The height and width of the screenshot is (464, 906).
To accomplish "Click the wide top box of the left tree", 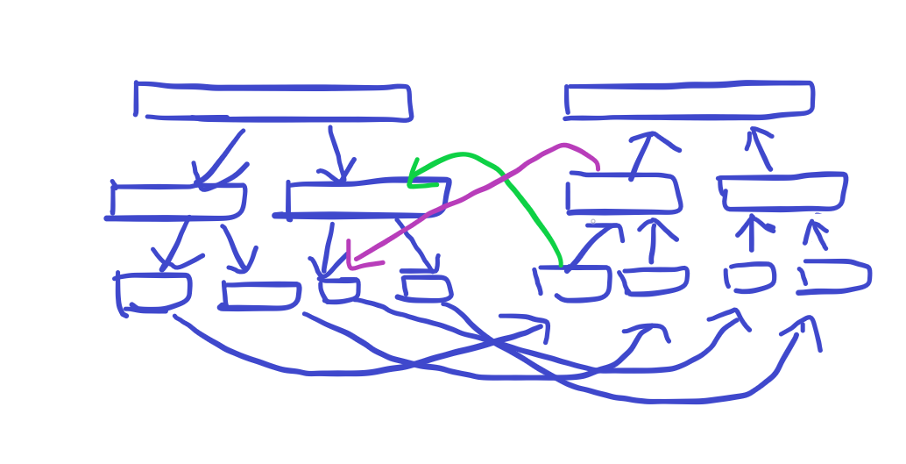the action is [272, 102].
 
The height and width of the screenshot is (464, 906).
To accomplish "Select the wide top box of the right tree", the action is [689, 100].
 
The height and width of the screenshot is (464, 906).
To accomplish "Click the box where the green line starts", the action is [573, 283].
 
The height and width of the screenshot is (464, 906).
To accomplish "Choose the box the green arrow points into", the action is [368, 198].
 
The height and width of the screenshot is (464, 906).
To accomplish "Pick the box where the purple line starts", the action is [623, 194].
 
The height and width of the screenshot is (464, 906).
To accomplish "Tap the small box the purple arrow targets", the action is [340, 289].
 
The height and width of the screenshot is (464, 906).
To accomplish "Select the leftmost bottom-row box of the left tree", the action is [153, 292].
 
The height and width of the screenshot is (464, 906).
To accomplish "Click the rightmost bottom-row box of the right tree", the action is [835, 276].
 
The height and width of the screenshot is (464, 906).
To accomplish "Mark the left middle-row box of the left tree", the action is [178, 202].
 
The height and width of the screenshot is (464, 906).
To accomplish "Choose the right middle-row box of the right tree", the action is [783, 192].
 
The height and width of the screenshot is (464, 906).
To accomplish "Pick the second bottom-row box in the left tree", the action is [261, 295].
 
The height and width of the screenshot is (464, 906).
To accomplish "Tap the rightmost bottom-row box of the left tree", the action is [426, 289].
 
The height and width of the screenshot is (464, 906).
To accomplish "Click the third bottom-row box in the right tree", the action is [750, 277].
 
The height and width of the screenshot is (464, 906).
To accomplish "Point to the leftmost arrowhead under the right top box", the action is [653, 138].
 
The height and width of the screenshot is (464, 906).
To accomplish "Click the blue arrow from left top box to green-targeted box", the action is [338, 153].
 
